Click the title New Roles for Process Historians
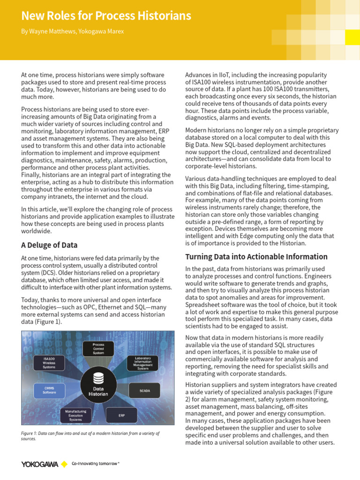[x=106, y=16]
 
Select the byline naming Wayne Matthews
[x=73, y=31]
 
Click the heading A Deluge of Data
[x=49, y=245]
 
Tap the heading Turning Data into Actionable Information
[x=256, y=256]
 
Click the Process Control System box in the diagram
[x=98, y=348]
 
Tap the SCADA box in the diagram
[x=145, y=390]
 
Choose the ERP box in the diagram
[x=121, y=415]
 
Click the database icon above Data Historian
[x=98, y=378]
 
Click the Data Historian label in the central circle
[x=98, y=391]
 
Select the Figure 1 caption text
[x=90, y=436]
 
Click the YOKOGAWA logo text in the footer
[x=39, y=464]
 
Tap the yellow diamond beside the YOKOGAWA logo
[x=64, y=464]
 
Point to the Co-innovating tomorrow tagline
[x=95, y=464]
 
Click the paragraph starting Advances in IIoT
[x=257, y=97]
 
